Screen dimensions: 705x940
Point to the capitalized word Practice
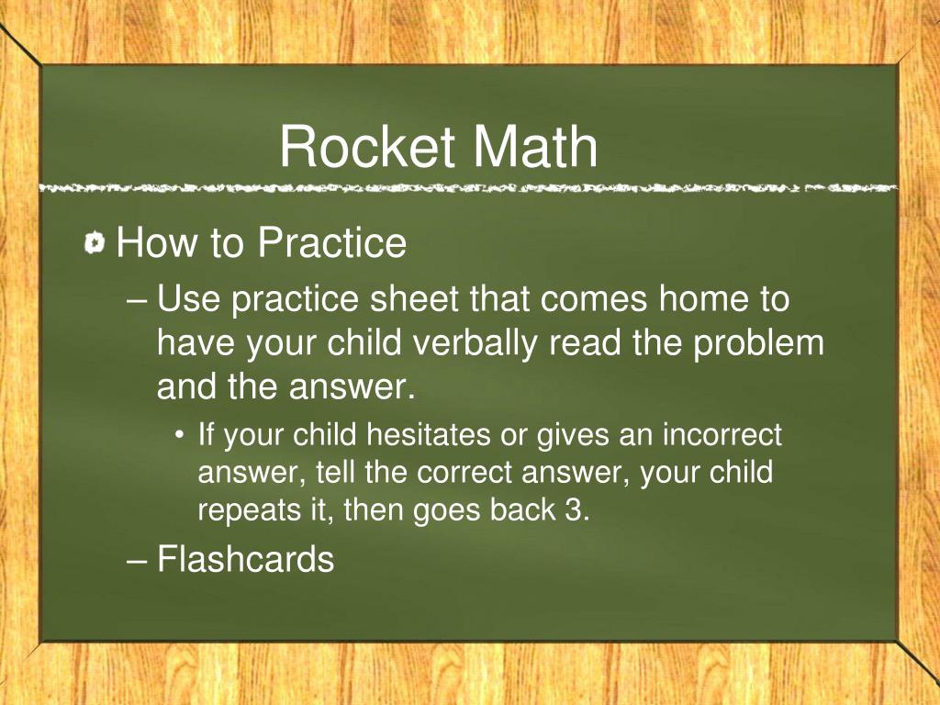(x=331, y=243)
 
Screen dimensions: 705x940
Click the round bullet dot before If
(x=182, y=435)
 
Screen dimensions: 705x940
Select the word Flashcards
(x=245, y=558)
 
